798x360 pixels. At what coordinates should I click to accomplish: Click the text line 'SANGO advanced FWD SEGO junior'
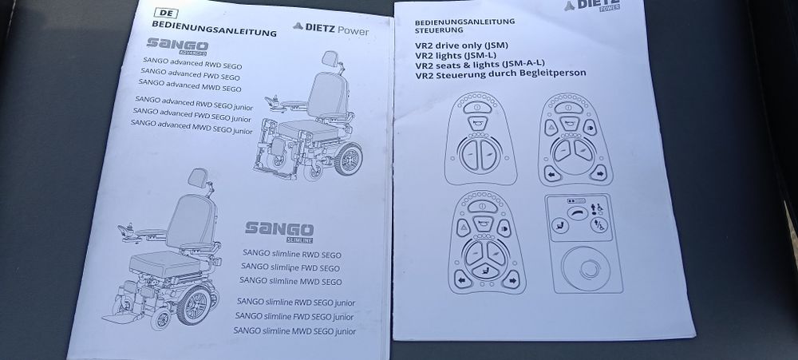(192, 113)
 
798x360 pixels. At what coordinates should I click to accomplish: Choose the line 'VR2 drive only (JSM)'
(464, 46)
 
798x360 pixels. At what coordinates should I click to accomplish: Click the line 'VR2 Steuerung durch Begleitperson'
(501, 73)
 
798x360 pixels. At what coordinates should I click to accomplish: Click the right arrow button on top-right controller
(597, 172)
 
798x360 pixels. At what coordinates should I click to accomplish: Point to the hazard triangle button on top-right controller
(551, 129)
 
